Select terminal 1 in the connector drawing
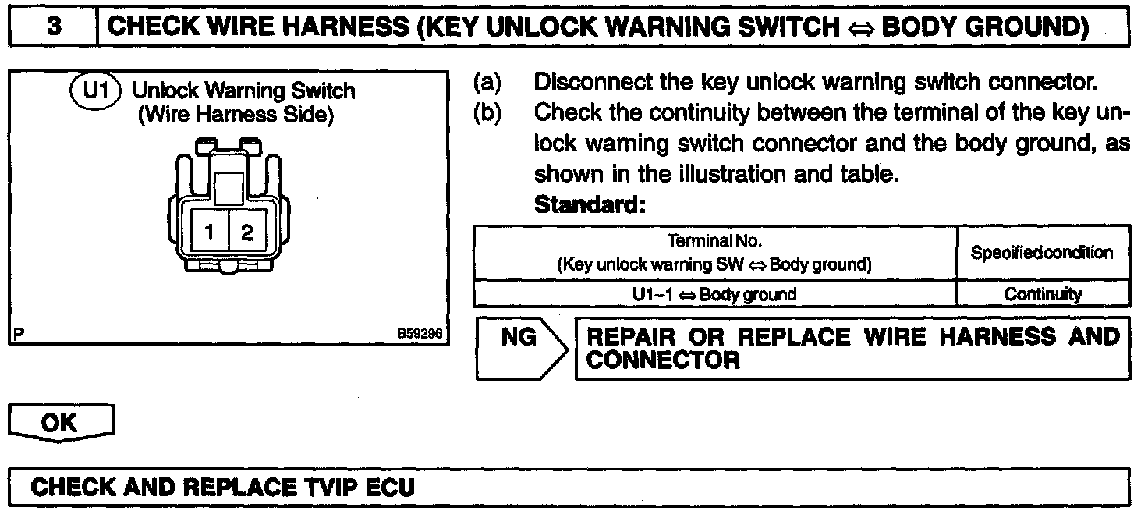tap(210, 232)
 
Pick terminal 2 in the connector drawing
tap(246, 232)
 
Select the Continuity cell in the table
tap(1043, 294)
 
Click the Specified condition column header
tap(1043, 253)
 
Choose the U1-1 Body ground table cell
tap(714, 294)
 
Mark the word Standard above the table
tap(590, 206)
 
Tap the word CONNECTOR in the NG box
tap(662, 360)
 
